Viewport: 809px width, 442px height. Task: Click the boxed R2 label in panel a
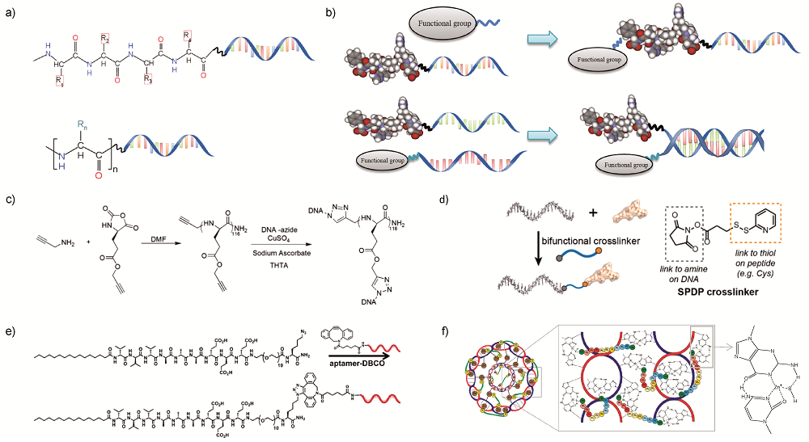105,40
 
